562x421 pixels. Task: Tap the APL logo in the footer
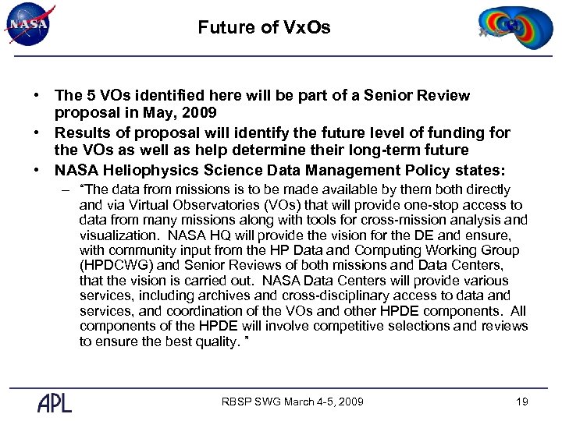[55, 402]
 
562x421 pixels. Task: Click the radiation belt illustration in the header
[510, 28]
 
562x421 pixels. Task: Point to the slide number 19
[522, 402]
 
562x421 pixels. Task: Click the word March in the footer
[300, 402]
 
